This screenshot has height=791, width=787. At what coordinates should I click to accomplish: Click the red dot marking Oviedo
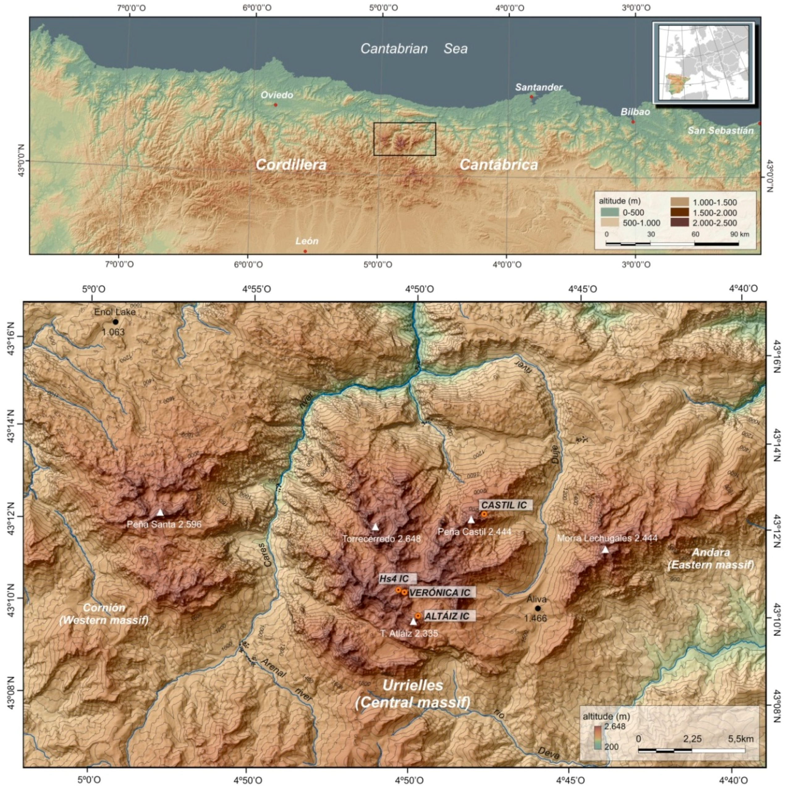(275, 105)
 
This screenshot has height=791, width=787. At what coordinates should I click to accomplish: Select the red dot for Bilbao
(633, 122)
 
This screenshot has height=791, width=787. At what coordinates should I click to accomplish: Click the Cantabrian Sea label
(414, 49)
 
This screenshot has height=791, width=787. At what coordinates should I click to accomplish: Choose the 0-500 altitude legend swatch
(609, 212)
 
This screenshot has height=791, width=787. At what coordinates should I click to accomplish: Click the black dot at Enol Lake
(116, 322)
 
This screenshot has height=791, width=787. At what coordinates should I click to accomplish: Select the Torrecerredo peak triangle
(375, 527)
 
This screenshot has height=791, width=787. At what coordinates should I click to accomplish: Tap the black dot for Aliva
(538, 608)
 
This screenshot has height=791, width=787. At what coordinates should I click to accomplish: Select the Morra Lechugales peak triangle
(605, 550)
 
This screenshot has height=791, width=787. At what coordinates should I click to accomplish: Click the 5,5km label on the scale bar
(740, 738)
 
